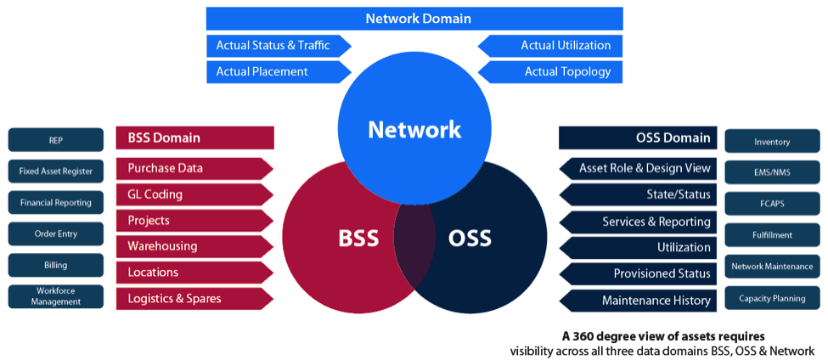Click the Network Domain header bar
point(414,19)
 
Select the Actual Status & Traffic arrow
point(269,46)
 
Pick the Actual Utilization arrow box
point(550,46)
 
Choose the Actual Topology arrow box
point(550,72)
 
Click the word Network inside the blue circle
point(414,129)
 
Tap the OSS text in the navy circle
point(469,238)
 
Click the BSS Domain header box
point(194,138)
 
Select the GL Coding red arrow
point(194,194)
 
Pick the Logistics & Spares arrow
point(194,298)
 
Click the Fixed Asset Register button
point(55,172)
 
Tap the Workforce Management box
point(55,296)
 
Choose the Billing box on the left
point(55,265)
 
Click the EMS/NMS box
point(772,172)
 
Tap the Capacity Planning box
point(772,299)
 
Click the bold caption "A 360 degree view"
point(663,335)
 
